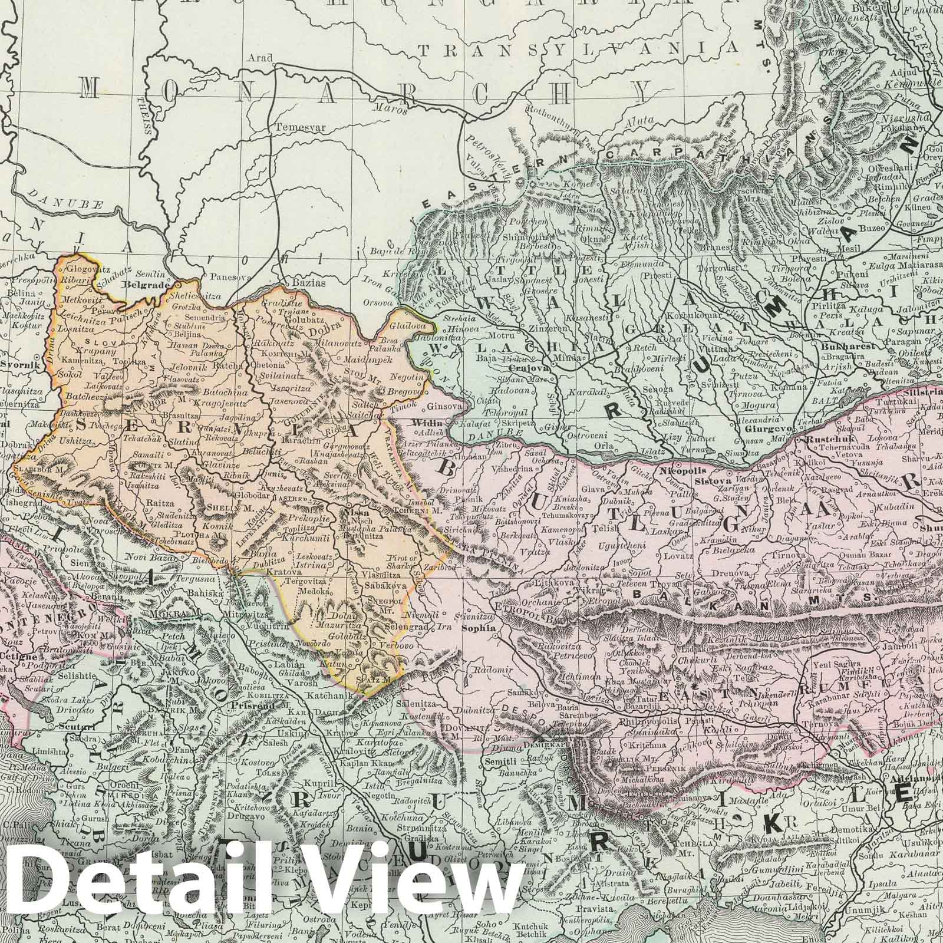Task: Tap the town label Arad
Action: click(x=263, y=58)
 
